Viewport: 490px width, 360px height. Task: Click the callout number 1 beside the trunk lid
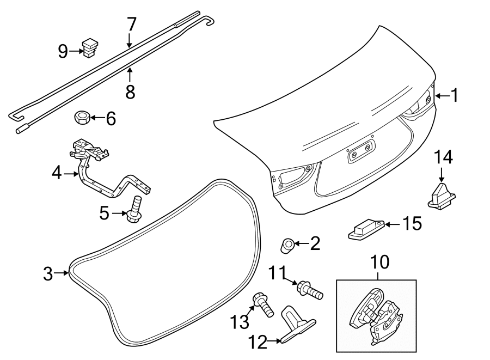point(455,96)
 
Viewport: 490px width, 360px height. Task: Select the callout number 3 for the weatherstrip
point(48,273)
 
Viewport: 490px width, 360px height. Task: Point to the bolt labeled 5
point(134,210)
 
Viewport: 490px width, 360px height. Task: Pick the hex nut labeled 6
point(82,117)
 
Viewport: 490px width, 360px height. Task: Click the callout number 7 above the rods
point(131,25)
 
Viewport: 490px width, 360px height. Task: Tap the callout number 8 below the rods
point(130,91)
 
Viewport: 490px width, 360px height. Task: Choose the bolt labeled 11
point(309,289)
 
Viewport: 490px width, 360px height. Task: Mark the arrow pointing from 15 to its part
point(394,223)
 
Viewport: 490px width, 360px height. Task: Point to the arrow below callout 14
point(440,174)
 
